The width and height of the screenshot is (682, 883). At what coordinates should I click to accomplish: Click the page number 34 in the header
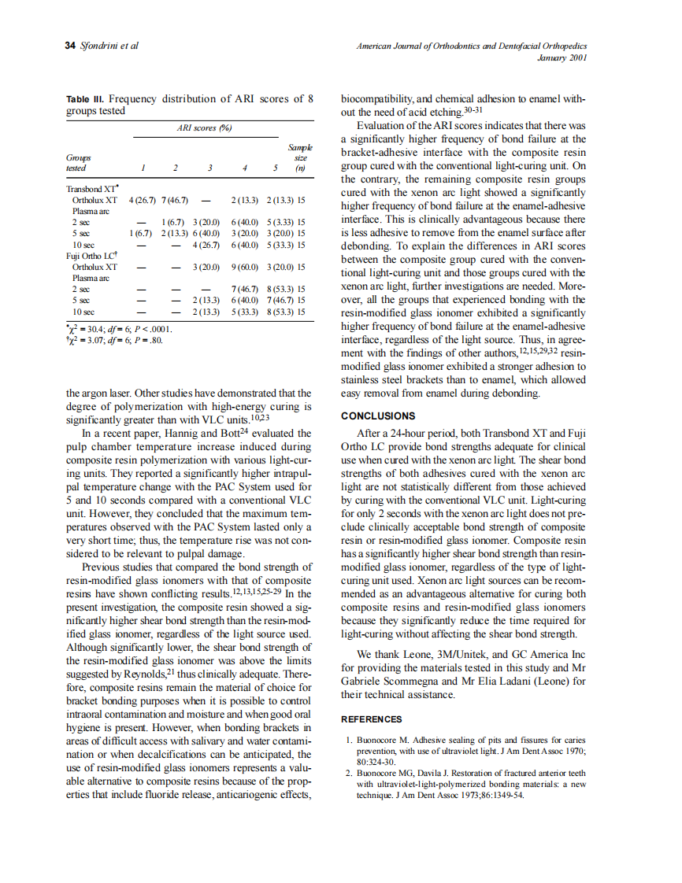coord(71,46)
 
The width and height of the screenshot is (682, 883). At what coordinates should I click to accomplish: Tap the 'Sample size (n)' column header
coord(300,157)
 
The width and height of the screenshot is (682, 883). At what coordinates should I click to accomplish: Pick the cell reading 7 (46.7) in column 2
coord(174,201)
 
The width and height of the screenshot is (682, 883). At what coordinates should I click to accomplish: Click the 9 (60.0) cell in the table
coord(246,267)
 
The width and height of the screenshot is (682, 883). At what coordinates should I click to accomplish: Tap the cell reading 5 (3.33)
coord(280,223)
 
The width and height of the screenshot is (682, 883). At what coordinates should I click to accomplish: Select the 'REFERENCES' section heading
coord(371,719)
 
